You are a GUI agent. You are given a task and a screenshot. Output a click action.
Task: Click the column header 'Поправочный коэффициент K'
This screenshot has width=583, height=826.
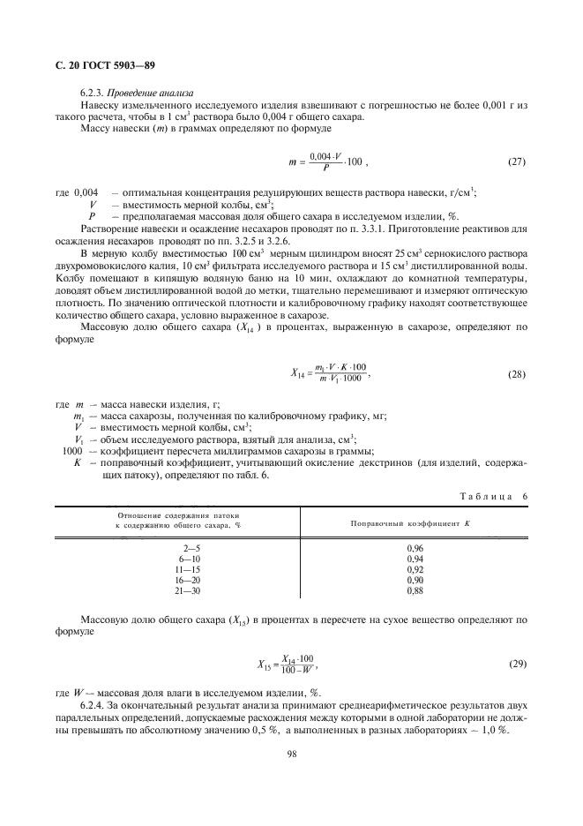398,522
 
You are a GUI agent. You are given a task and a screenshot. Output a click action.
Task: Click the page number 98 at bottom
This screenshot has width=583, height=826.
291,755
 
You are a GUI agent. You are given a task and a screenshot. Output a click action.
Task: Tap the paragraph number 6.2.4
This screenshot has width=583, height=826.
94,707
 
